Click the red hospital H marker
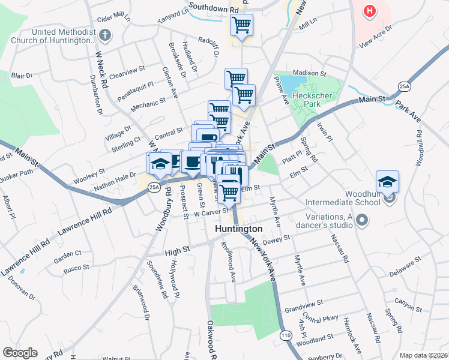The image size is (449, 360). [369, 11]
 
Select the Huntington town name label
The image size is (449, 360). [240, 229]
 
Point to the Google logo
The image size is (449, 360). [20, 353]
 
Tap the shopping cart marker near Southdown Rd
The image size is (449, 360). [241, 26]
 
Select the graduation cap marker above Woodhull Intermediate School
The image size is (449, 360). [387, 181]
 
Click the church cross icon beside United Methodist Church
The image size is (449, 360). [106, 35]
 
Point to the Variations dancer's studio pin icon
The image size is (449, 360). [361, 221]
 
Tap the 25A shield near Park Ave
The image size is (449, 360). [405, 88]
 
